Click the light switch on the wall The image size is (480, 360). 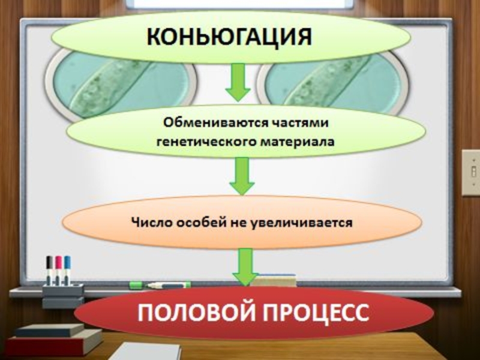[x=470, y=172]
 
